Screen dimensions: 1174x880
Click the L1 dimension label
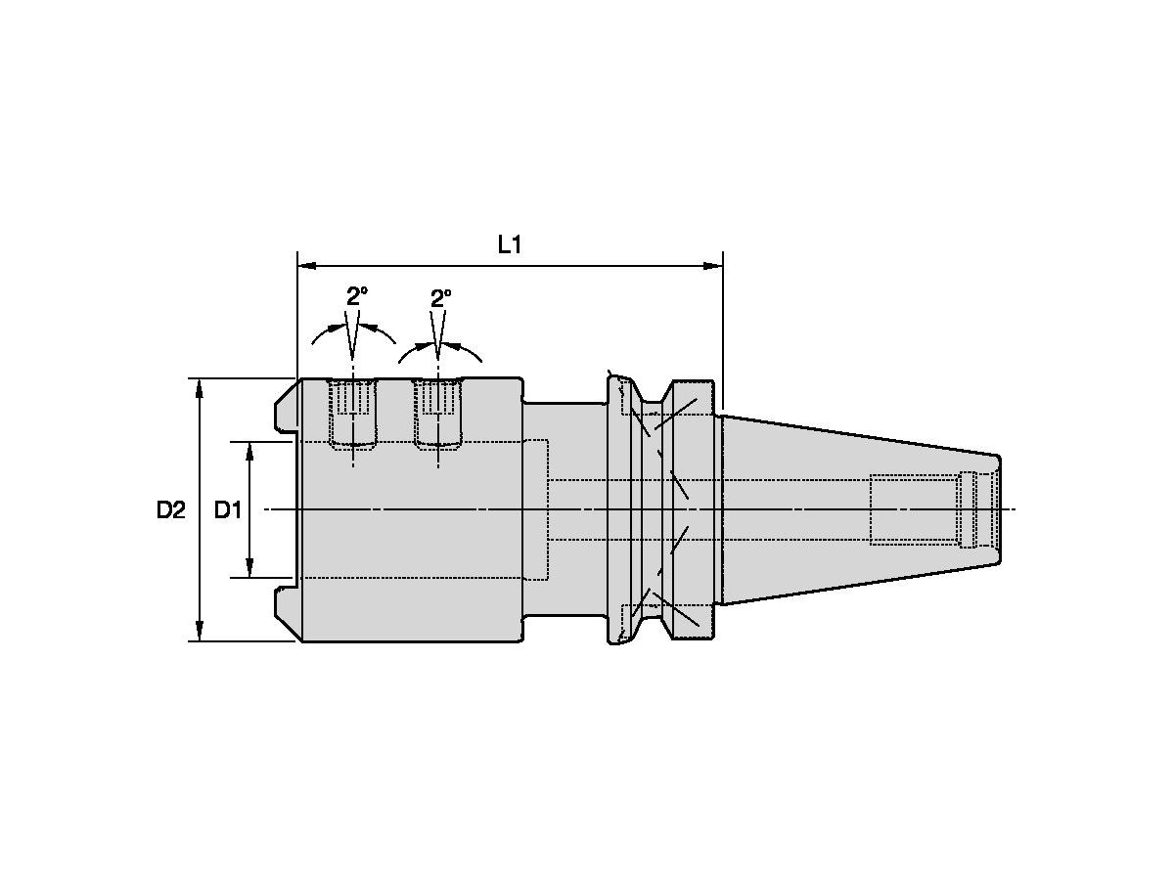pos(509,245)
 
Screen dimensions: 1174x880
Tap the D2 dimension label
pos(170,510)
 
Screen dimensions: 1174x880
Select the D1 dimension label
pos(228,510)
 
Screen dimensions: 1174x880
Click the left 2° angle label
pos(357,296)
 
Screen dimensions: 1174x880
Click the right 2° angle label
pos(440,298)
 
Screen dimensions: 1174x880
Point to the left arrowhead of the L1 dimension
pos(307,266)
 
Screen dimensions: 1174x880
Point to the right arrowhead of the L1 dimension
pos(713,266)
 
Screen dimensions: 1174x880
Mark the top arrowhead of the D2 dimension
pos(200,388)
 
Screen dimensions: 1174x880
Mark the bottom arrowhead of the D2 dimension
pos(200,631)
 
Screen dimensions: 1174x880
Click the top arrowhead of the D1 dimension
pos(249,452)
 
